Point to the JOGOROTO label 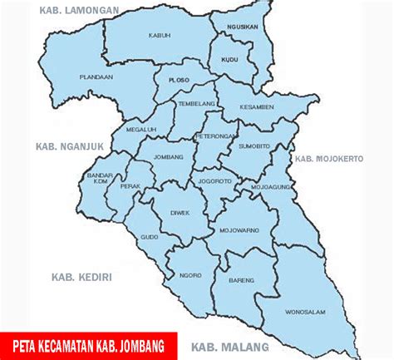tap(214, 180)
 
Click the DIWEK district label tap(181, 212)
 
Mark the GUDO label tap(149, 237)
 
